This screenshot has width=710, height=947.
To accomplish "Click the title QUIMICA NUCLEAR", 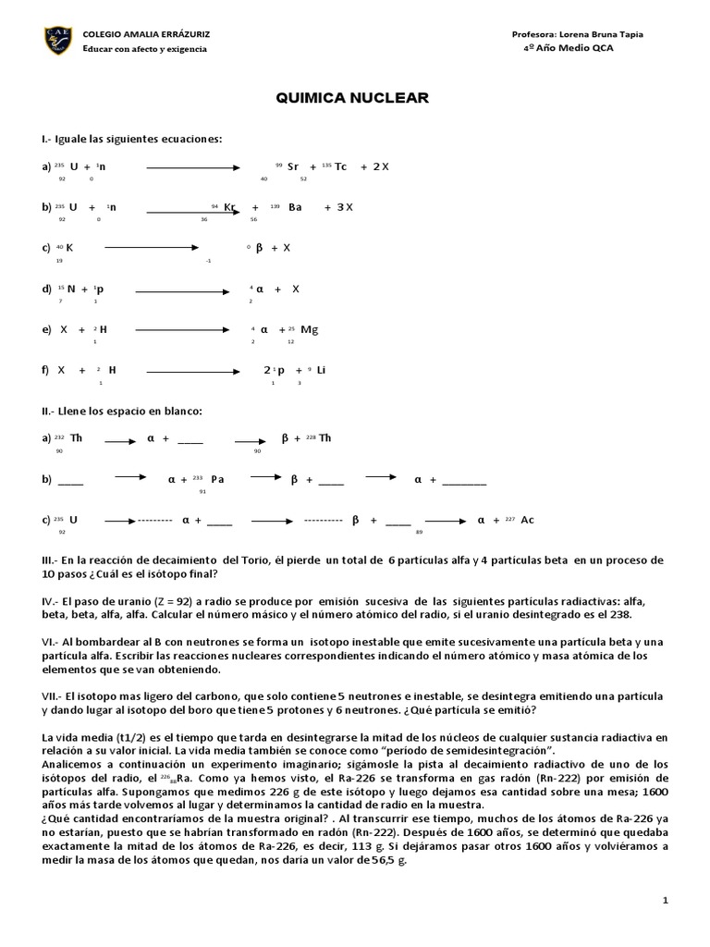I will tap(354, 98).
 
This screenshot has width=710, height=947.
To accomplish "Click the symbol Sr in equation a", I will tap(293, 166).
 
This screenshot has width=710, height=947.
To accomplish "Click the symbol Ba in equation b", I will tap(295, 207).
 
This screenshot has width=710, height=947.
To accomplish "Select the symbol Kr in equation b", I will tap(230, 207).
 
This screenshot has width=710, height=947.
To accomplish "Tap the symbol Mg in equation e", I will tap(310, 328).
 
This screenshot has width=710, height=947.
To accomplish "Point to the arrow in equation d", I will tap(183, 289).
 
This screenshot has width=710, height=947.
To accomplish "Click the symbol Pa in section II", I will tap(217, 479).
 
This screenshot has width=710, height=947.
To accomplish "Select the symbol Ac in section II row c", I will tap(527, 520).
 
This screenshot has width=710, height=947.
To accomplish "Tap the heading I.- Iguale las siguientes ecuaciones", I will tap(132, 139).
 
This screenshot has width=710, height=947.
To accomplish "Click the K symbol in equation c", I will tap(69, 248).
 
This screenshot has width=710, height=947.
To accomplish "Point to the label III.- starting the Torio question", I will tap(51, 560).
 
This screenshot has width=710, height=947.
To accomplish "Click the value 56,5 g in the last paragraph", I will tap(388, 859).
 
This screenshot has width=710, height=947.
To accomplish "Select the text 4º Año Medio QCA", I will tap(568, 48).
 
